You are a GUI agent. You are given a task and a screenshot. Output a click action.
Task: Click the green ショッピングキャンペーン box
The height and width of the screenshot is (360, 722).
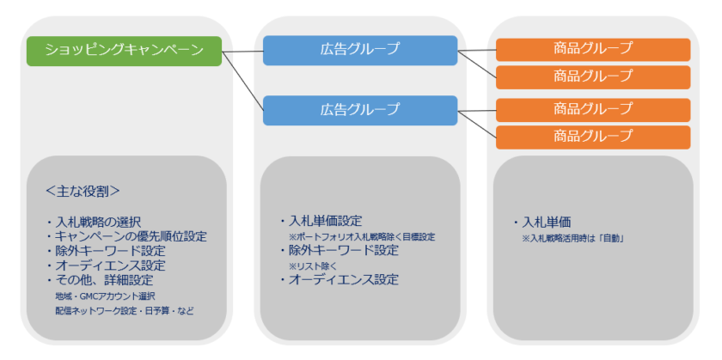[x=124, y=51]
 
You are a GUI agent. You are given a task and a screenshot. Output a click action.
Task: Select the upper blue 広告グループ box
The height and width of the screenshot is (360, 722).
[x=359, y=50]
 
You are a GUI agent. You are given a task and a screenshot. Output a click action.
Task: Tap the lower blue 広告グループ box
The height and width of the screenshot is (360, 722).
[x=359, y=110]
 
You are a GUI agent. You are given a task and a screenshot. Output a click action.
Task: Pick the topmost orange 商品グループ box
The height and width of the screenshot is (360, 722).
[x=593, y=48]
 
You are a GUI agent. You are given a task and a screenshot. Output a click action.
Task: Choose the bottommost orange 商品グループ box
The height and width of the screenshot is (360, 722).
[x=593, y=136]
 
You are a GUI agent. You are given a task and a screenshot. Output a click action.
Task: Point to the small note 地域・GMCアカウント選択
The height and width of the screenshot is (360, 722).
[x=104, y=296]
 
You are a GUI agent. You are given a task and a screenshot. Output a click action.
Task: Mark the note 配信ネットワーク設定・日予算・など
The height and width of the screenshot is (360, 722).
[x=120, y=310]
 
